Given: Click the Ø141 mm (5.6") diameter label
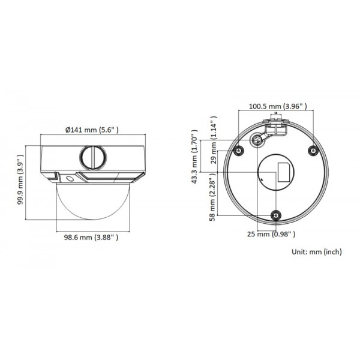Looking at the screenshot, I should (x=91, y=130).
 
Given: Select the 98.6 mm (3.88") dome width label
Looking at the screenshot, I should (x=92, y=238).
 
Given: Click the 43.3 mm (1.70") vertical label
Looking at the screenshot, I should (x=194, y=157).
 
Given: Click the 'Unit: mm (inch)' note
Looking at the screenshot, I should (x=316, y=253).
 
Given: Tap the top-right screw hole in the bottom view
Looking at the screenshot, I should (x=312, y=150).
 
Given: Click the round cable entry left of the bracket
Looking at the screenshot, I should (x=259, y=139).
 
